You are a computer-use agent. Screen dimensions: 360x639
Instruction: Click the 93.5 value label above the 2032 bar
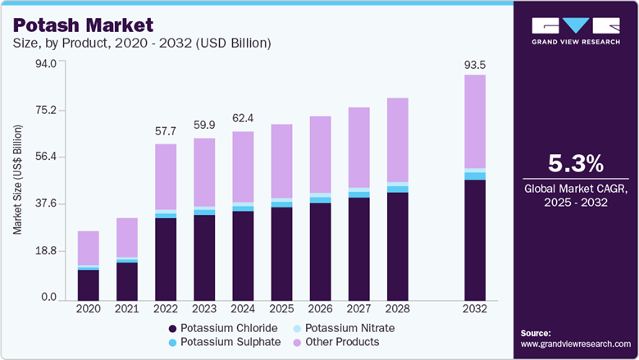pyautogui.click(x=475, y=64)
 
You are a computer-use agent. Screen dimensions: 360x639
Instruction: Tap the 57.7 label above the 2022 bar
pyautogui.click(x=167, y=131)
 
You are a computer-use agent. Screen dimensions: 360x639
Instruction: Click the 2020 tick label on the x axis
pyautogui.click(x=89, y=309)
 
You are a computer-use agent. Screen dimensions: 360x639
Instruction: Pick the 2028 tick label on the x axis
pyautogui.click(x=398, y=309)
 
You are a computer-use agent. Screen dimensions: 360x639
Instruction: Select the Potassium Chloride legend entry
pyautogui.click(x=222, y=328)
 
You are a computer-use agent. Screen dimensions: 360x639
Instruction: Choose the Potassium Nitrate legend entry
pyautogui.click(x=349, y=328)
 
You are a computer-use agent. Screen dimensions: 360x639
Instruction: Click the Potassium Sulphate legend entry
pyautogui.click(x=224, y=342)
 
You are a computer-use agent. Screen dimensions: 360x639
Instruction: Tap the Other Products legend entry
pyautogui.click(x=340, y=342)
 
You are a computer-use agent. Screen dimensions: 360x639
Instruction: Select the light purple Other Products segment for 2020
pyautogui.click(x=89, y=248)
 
